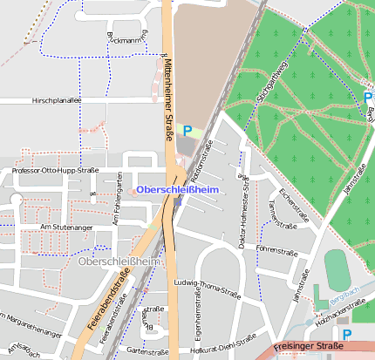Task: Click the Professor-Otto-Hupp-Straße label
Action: coord(54,170)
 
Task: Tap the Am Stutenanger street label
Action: coord(66,227)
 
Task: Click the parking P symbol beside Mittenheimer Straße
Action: coord(187,131)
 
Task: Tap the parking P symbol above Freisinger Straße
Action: coord(347,333)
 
